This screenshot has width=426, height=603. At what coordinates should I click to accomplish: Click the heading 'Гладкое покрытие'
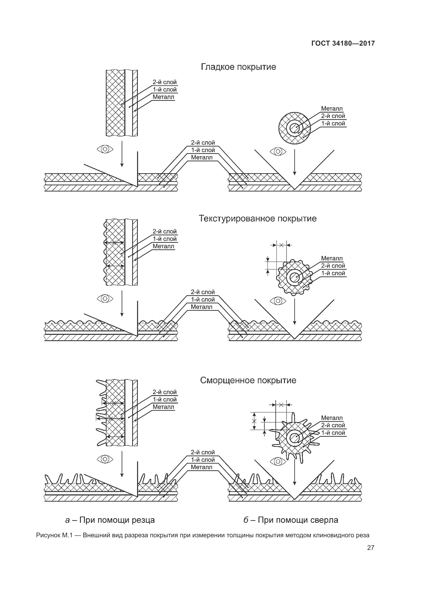pyautogui.click(x=238, y=67)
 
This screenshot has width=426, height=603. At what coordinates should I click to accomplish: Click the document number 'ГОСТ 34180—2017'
pyautogui.click(x=343, y=43)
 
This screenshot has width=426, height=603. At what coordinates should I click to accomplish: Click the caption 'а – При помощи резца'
pyautogui.click(x=110, y=520)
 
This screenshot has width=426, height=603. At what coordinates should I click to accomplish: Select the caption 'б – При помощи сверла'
pyautogui.click(x=291, y=520)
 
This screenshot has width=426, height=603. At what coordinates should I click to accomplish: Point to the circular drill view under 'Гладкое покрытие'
pyautogui.click(x=294, y=128)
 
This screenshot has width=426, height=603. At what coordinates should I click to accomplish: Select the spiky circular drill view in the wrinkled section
pyautogui.click(x=294, y=438)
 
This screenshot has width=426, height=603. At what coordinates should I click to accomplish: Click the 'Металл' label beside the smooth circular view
pyautogui.click(x=331, y=109)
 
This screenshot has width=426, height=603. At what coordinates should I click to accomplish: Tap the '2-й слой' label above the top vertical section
pyautogui.click(x=165, y=82)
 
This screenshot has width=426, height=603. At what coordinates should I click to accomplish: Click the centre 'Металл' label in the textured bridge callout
pyautogui.click(x=201, y=307)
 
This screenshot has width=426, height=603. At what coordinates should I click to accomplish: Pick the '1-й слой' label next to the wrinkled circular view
pyautogui.click(x=333, y=433)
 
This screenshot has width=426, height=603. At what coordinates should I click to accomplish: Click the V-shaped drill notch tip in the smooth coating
pyautogui.click(x=295, y=189)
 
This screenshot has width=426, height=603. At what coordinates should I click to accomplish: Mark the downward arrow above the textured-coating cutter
pyautogui.click(x=122, y=303)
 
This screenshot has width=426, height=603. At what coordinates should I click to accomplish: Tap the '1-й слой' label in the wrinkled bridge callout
pyautogui.click(x=202, y=460)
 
